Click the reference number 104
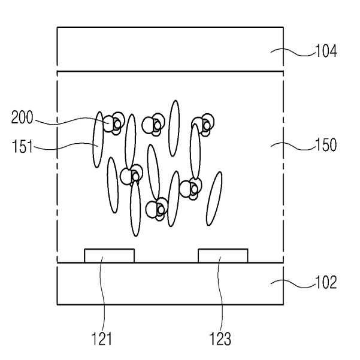pos(326,52)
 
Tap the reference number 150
pos(326,145)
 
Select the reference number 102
pos(326,282)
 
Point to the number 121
pos(102,340)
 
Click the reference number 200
pos(22,118)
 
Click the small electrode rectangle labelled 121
pos(109,256)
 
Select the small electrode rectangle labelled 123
pos(223,256)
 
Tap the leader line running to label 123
pos(219,294)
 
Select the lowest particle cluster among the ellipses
pos(157,208)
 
